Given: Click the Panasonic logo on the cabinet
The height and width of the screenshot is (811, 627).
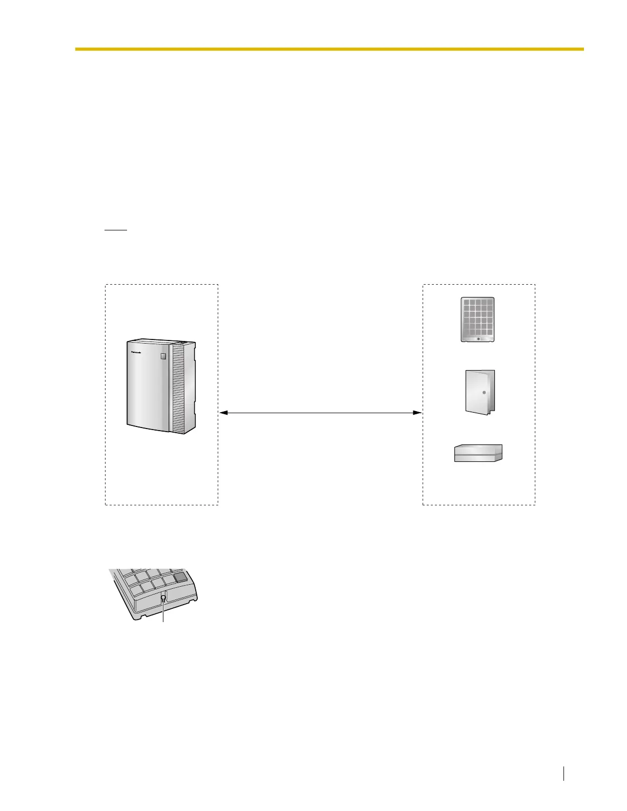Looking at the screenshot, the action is tap(139, 352).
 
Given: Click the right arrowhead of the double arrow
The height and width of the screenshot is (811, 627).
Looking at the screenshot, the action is tap(417, 412).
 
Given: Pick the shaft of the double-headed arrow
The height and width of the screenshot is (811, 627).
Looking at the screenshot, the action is tap(320, 412).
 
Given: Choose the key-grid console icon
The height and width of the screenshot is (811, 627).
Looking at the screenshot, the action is tap(477, 319).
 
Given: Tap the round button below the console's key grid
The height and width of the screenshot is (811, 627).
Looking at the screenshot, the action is tap(478, 338).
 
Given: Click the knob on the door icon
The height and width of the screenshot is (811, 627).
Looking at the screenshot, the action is tap(484, 392).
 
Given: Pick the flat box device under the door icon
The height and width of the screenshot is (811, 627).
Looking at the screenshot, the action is tap(478, 453).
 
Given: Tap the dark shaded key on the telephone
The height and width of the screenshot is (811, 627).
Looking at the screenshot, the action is tap(180, 577).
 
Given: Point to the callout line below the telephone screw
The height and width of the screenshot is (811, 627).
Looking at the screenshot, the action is tap(163, 614).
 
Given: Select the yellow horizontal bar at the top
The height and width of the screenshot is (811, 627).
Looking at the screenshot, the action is tap(329, 49).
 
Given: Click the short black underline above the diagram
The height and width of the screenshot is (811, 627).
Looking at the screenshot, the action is tap(115, 230).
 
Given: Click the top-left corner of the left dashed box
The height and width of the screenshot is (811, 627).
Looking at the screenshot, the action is tap(106, 285).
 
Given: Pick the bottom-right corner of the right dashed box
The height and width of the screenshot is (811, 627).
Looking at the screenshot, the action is tap(535, 505).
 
